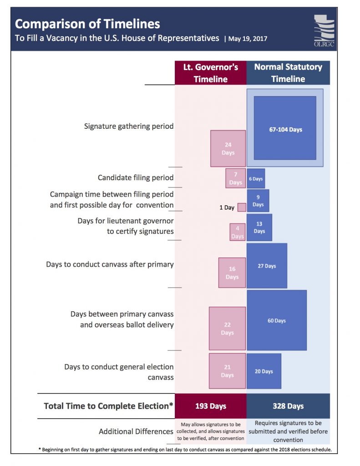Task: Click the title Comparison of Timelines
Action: coord(87,24)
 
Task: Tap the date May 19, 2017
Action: coord(248,39)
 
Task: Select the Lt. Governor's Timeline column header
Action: coord(211,73)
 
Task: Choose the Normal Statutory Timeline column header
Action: coord(288,73)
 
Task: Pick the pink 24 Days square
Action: coord(228,148)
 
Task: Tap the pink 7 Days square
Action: coord(235,178)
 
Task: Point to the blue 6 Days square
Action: coord(256,178)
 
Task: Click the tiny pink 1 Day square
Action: coord(242,208)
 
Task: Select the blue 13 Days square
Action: coord(259,228)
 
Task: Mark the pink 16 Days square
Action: coord(232,273)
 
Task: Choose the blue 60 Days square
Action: coord(277,320)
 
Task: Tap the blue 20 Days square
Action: coord(264,371)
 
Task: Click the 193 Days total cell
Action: coord(211,406)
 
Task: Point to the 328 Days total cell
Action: coord(288,406)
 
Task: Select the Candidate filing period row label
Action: coord(136,177)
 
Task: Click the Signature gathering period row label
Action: coord(129,126)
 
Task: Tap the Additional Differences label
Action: coord(136,431)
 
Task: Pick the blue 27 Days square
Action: coord(267,266)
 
